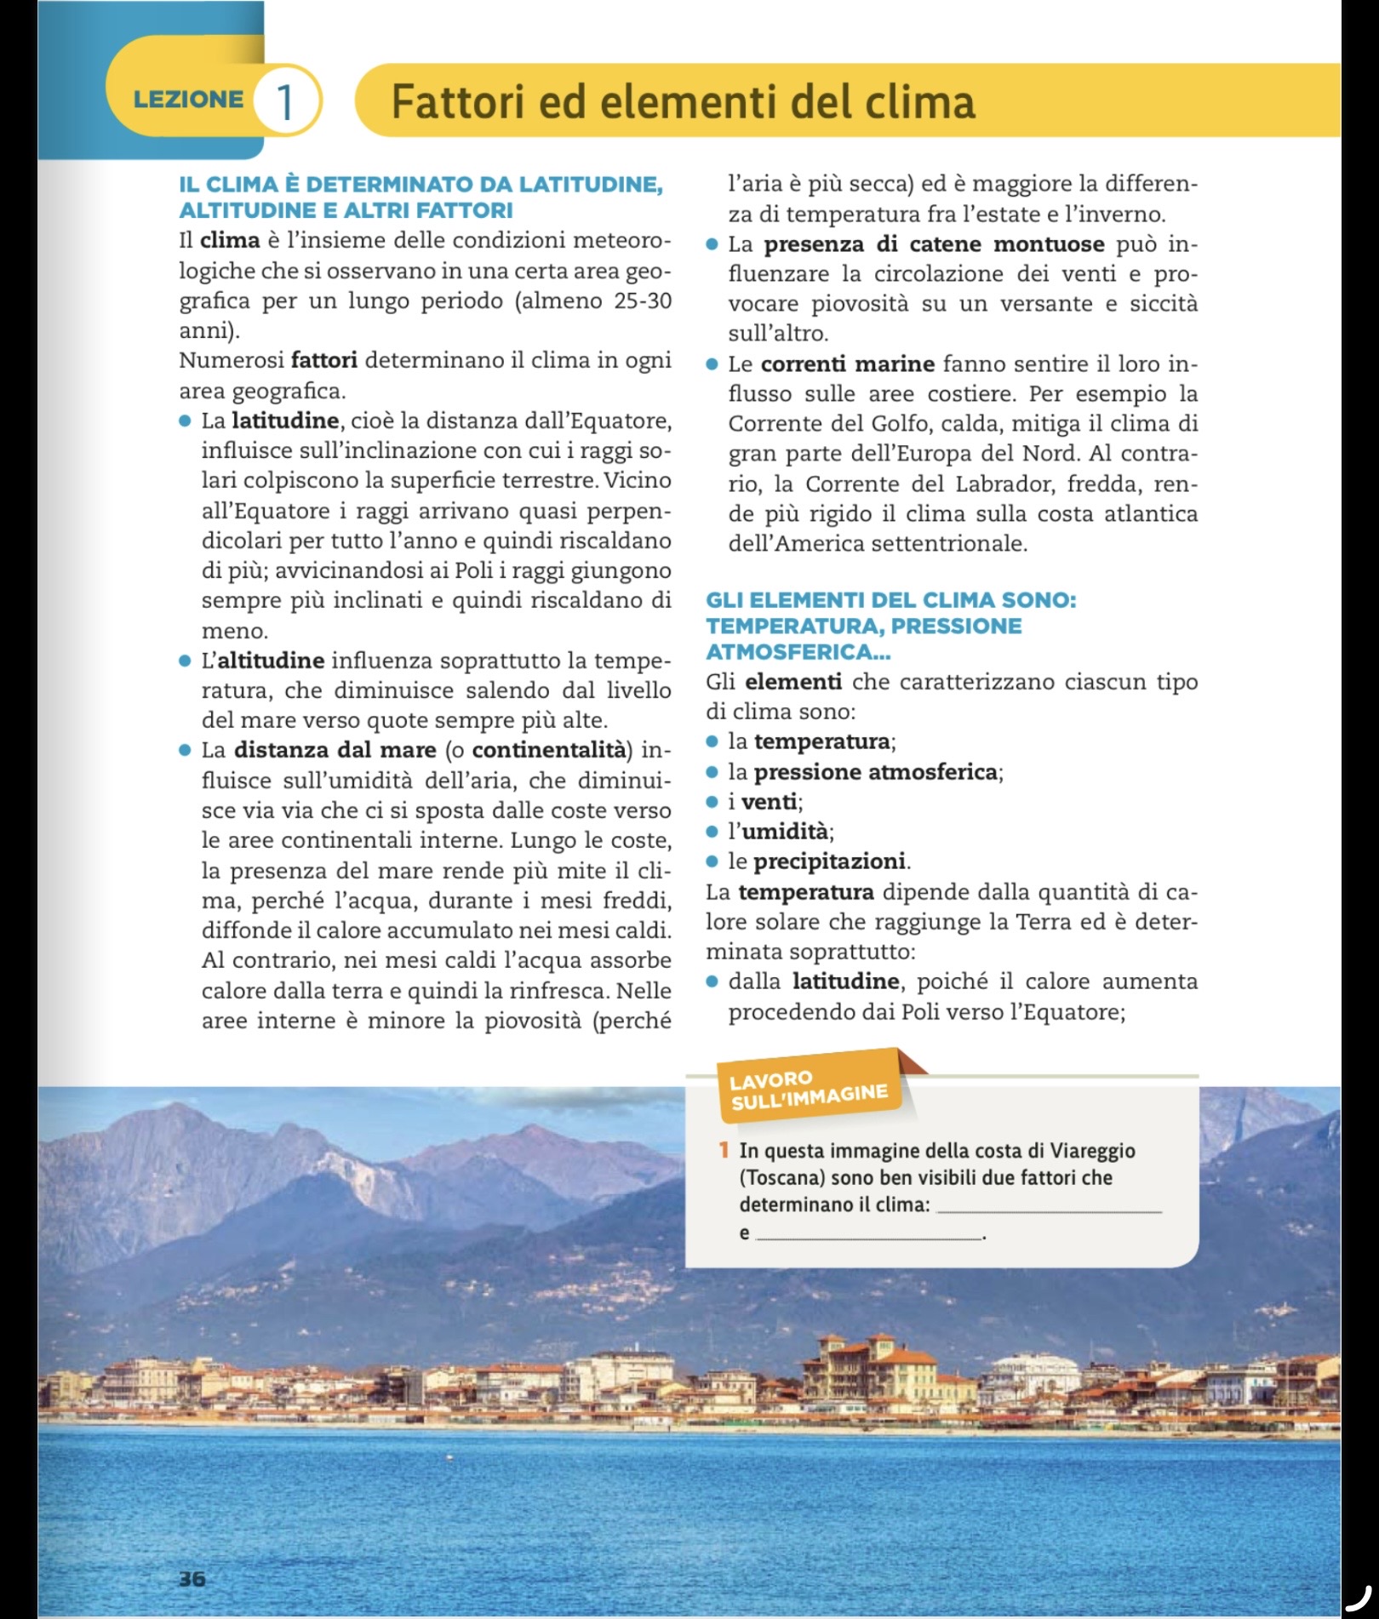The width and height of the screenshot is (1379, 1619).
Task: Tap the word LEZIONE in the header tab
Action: click(x=188, y=100)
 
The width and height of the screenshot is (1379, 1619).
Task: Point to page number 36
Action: click(x=192, y=1578)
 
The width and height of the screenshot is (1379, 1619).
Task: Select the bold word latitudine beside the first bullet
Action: click(x=285, y=420)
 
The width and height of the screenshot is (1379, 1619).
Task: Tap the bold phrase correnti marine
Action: click(x=847, y=364)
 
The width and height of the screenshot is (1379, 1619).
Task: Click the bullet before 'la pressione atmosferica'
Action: click(x=713, y=772)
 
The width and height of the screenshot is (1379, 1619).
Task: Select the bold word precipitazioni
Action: click(x=830, y=861)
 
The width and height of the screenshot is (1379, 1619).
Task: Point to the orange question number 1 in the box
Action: click(x=724, y=1151)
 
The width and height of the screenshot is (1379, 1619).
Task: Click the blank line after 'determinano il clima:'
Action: click(x=1048, y=1207)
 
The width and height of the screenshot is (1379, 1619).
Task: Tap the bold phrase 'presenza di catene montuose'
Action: click(x=934, y=245)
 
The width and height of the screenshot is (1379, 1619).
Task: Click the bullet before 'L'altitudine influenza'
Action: click(x=184, y=661)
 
